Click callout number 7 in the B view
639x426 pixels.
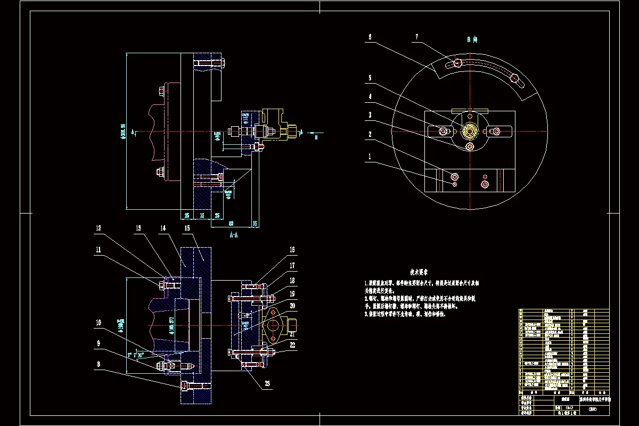click(417, 37)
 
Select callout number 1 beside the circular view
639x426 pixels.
click(370, 157)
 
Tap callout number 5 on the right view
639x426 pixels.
click(370, 78)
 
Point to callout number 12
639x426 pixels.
click(98, 228)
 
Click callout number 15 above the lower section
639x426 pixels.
click(187, 228)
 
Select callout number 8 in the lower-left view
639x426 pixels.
click(98, 364)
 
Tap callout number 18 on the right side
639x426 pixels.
click(292, 280)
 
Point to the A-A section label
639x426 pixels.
click(233, 234)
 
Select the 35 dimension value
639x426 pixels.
click(202, 215)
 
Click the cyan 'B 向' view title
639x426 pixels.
click(472, 39)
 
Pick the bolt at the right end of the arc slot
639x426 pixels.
click(514, 79)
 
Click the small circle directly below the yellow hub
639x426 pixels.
click(470, 146)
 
